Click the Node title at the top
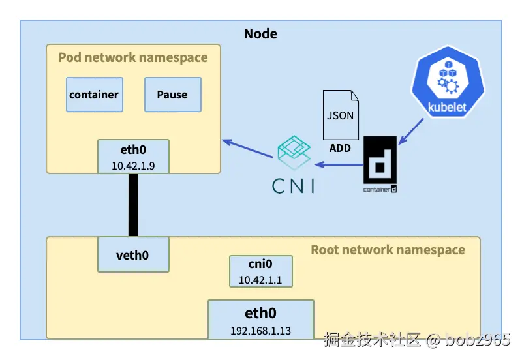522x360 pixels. (x=260, y=33)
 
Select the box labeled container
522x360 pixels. (x=94, y=95)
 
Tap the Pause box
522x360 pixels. (x=172, y=95)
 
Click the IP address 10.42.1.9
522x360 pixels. (x=132, y=166)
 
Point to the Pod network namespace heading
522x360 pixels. (x=133, y=57)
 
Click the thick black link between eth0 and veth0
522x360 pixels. (x=133, y=205)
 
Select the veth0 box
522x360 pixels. (x=133, y=254)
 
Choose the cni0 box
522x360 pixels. (x=260, y=271)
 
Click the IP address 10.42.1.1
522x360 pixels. (x=260, y=280)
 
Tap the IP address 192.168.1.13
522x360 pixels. (x=261, y=330)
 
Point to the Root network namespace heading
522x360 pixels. (x=388, y=250)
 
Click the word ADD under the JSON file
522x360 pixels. (x=340, y=148)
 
